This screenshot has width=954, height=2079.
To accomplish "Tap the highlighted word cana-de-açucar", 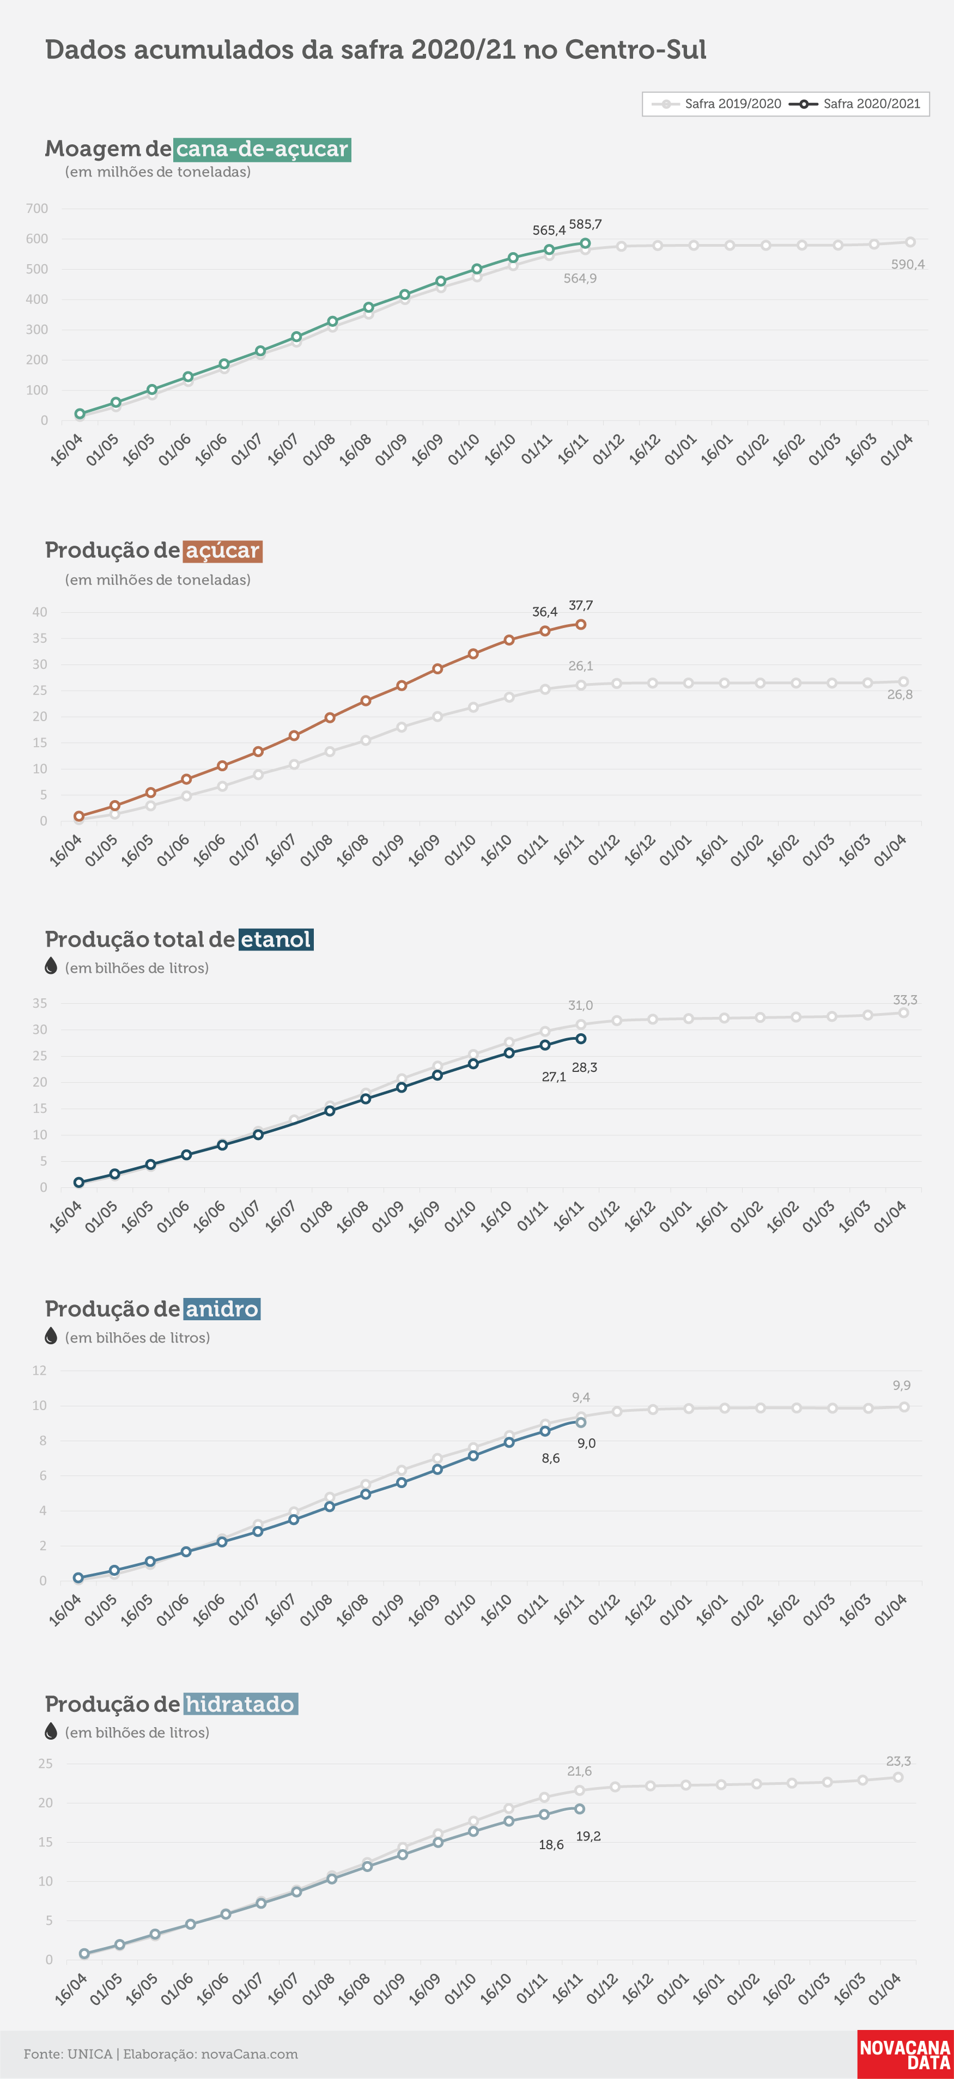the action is click(x=262, y=149).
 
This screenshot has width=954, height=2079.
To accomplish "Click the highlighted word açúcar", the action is click(x=222, y=551).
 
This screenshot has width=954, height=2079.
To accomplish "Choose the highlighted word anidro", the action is click(x=221, y=1309).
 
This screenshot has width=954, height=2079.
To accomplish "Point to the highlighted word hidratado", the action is click(x=240, y=1704).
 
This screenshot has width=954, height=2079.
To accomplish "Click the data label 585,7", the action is click(x=585, y=224).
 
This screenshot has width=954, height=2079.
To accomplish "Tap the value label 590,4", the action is click(x=907, y=265).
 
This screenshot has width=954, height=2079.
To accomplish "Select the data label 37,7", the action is click(x=580, y=605).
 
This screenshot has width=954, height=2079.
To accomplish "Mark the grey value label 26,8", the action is click(x=900, y=695).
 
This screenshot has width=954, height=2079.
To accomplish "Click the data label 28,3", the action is click(x=585, y=1068).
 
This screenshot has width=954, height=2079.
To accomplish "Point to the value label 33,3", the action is click(x=905, y=1000).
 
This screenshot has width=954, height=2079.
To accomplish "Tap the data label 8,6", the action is click(x=550, y=1459).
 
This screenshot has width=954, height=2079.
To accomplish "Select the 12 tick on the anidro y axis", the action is click(x=40, y=1370).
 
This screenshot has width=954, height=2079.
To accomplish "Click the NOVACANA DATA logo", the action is click(x=905, y=2054).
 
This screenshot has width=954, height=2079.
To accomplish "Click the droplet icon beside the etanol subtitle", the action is click(x=51, y=966).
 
